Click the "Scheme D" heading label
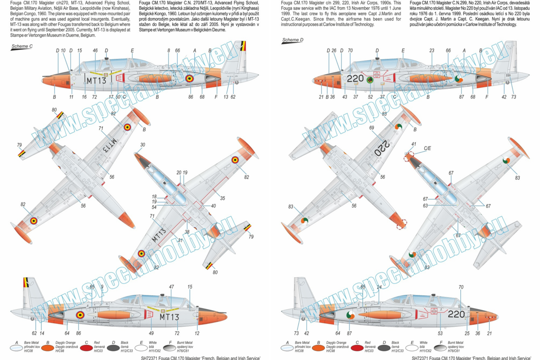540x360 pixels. [292, 40]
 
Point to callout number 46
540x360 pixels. [95, 51]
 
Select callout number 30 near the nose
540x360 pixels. [143, 145]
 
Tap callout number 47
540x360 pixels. [171, 287]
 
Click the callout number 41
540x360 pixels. [414, 144]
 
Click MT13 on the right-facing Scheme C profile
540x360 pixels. [96, 81]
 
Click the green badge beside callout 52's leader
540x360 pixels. [369, 81]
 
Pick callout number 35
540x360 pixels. [222, 198]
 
